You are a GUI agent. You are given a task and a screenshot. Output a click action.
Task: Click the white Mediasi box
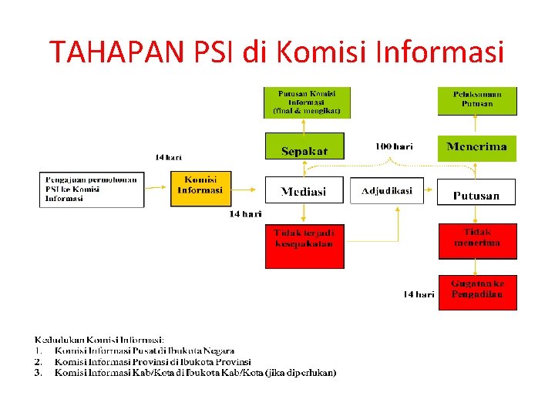[x=304, y=190]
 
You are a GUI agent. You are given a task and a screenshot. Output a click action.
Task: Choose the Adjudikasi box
[x=387, y=190]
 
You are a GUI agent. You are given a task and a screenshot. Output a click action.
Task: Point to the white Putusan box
[x=476, y=193]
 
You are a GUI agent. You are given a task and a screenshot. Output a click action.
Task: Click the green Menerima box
[x=476, y=147]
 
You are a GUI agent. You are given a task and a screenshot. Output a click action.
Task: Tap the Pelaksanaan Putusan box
[x=476, y=99]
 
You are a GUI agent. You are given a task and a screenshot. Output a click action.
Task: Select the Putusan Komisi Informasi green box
[x=306, y=102]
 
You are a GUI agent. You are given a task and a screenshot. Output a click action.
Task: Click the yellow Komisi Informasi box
[x=200, y=187]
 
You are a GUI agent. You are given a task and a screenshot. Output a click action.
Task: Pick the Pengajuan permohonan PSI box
[x=92, y=190]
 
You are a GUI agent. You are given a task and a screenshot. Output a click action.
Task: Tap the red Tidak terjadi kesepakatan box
[x=304, y=244]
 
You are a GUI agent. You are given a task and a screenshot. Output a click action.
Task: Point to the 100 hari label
[x=394, y=146]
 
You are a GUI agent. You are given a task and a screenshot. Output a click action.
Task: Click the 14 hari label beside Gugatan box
[x=419, y=294]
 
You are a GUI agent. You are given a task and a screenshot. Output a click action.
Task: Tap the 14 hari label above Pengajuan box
[x=168, y=157]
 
